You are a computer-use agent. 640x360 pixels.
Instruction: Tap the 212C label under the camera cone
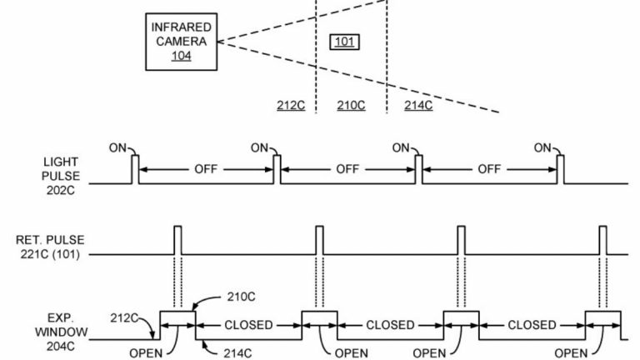tap(290, 105)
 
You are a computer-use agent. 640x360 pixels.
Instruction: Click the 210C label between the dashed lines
tap(351, 105)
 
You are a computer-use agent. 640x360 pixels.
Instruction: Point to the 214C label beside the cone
tap(417, 105)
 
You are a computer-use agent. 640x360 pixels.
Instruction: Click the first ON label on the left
tap(117, 147)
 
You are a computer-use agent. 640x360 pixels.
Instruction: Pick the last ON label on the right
tap(543, 147)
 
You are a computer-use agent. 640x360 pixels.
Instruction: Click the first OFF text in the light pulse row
tap(206, 169)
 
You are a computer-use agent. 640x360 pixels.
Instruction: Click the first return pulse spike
tap(177, 239)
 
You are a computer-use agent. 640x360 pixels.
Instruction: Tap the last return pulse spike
tap(603, 239)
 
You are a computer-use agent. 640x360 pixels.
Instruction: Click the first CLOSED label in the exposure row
tap(247, 325)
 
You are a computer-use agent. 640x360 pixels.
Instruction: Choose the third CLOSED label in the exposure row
tap(532, 325)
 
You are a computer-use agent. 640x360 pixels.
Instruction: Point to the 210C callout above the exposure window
tap(240, 297)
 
